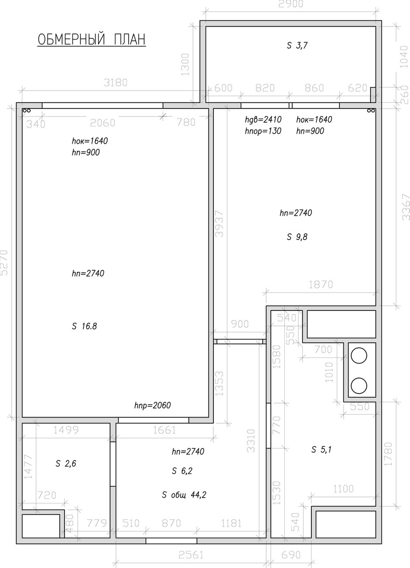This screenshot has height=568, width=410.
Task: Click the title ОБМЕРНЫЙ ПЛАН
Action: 92,40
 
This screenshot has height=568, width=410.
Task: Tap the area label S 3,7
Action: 297,46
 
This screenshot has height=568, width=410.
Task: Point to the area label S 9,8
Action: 297,237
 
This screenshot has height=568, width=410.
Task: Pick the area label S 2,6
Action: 66,464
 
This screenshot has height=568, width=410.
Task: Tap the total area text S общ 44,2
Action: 184,495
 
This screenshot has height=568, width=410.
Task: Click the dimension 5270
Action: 4,262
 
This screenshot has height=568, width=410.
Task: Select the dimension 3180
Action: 116,83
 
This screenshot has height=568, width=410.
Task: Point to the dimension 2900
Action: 291,4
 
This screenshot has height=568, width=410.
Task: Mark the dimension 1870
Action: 321,285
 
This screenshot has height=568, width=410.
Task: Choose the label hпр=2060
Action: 153,405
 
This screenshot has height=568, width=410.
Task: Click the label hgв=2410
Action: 263,119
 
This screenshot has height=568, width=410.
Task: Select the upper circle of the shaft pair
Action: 359,356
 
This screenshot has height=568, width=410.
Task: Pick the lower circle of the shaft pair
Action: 359,386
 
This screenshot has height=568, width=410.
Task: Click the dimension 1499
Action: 66,430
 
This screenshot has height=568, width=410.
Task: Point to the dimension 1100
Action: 343,489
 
